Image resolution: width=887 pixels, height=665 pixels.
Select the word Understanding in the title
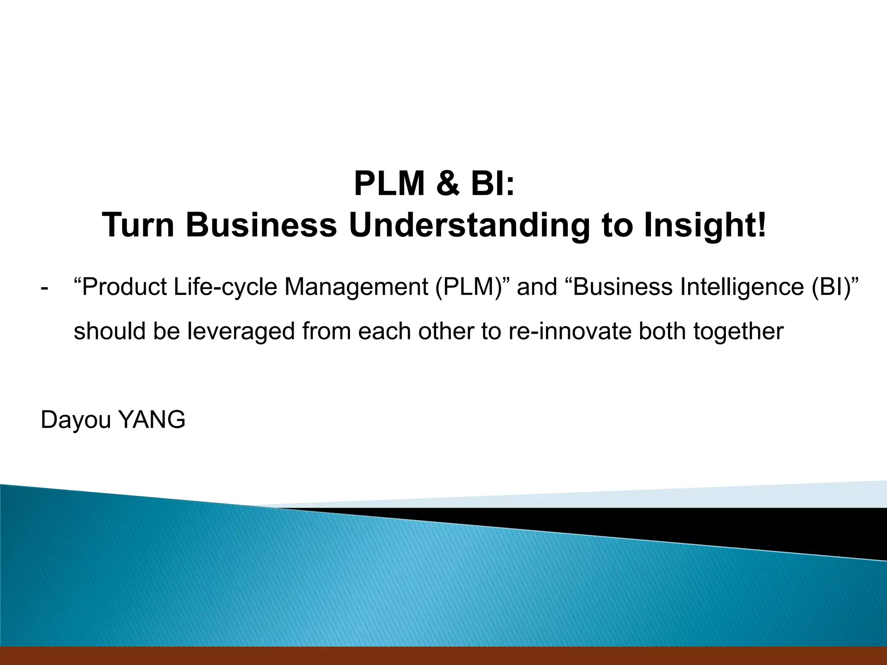click(x=469, y=225)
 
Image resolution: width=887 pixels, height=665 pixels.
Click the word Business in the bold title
click(x=262, y=225)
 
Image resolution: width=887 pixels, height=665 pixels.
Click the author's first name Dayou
click(x=76, y=420)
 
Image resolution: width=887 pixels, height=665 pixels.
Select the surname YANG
click(x=152, y=420)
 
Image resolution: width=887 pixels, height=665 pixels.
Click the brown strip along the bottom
click(x=443, y=655)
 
